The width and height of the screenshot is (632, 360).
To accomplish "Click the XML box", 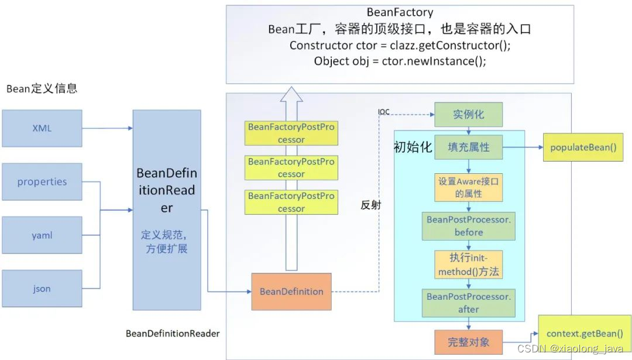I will tap(42, 128).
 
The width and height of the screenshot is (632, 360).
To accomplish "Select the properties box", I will tap(42, 181).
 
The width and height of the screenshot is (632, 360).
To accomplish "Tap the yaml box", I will tap(42, 235).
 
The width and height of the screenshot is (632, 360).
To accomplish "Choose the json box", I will tap(42, 289).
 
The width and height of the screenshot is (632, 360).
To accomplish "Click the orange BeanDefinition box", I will tap(291, 292).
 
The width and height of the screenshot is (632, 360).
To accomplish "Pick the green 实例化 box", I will tap(468, 114).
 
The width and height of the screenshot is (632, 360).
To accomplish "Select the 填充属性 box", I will tap(468, 147).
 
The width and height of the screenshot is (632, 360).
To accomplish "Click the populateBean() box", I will tap(583, 147).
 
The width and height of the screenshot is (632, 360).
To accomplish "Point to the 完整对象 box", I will tap(468, 342).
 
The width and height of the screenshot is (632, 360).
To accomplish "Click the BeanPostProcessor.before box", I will tap(468, 226).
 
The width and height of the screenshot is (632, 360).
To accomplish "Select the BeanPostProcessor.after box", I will tap(468, 303).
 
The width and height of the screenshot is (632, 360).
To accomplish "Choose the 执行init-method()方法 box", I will tap(468, 265).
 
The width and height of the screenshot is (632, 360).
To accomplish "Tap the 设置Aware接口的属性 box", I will tap(468, 187).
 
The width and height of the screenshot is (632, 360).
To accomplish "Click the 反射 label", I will tap(370, 205).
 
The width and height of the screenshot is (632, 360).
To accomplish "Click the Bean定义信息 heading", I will tap(42, 89).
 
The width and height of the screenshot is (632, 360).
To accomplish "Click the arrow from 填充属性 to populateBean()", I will tap(523, 148).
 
